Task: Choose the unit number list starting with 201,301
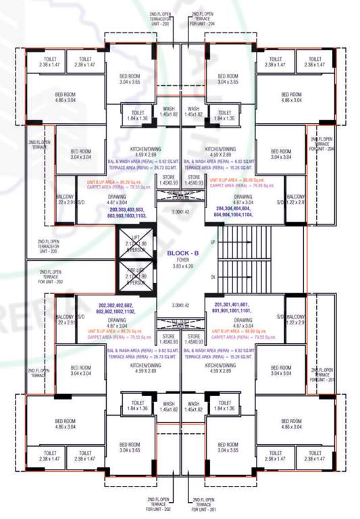coord(234,308)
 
